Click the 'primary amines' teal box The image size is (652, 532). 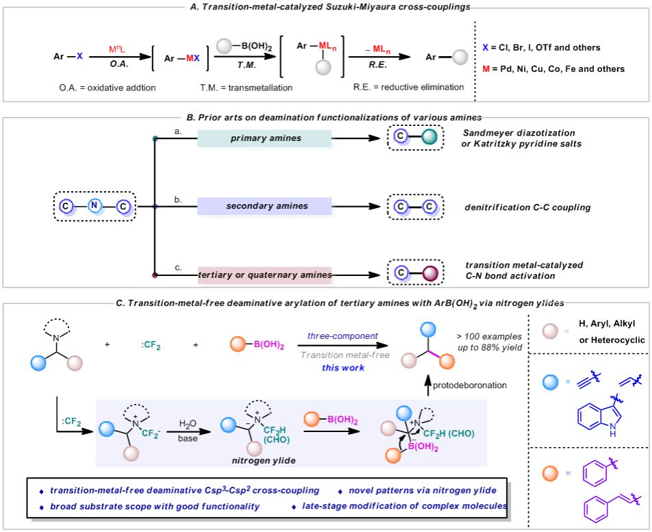(264, 138)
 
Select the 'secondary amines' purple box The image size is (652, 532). (264, 205)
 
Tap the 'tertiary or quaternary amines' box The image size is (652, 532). (264, 275)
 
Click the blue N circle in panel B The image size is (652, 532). (96, 205)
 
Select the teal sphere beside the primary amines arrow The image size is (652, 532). (429, 138)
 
